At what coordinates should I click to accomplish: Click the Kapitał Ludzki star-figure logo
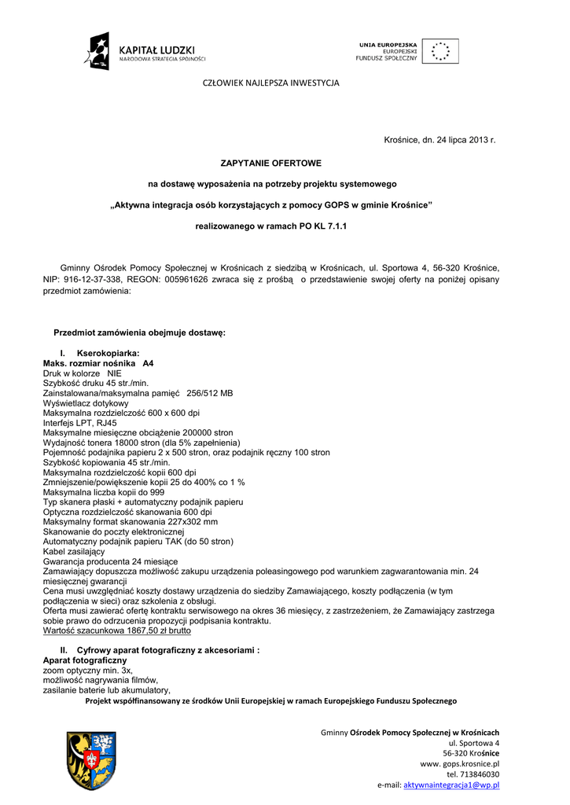[97, 51]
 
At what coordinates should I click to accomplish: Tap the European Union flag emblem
[440, 51]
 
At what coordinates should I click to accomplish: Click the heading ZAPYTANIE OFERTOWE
[270, 163]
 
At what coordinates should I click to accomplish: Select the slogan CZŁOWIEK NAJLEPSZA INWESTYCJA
[271, 83]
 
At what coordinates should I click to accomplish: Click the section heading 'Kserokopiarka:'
[108, 354]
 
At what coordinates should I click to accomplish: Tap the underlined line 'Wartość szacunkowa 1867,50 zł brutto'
[117, 630]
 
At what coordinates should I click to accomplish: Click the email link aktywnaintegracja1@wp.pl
[451, 785]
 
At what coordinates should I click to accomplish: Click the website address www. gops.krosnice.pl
[460, 763]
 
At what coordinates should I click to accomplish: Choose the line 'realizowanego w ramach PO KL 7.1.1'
[270, 226]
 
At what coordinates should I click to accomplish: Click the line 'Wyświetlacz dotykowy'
[86, 403]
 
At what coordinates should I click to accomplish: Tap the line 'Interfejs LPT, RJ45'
[81, 423]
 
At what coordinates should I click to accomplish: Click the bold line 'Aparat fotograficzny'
[85, 660]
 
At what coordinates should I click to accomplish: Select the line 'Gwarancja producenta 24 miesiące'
[110, 561]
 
